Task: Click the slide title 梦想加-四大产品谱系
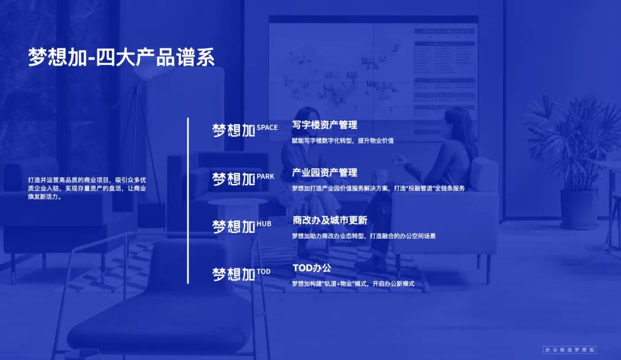pyautogui.click(x=121, y=57)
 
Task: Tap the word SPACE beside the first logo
pyautogui.click(x=267, y=128)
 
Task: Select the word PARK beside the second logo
pyautogui.click(x=265, y=176)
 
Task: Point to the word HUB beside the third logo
pyautogui.click(x=264, y=224)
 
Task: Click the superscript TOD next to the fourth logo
pyautogui.click(x=263, y=271)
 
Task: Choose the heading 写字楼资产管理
pyautogui.click(x=325, y=125)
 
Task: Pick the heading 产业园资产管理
pyautogui.click(x=325, y=173)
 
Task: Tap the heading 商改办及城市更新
pyautogui.click(x=330, y=220)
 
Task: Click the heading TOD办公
pyautogui.click(x=312, y=268)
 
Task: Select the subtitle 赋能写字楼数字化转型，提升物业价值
pyautogui.click(x=343, y=140)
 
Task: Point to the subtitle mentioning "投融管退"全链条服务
pyautogui.click(x=378, y=188)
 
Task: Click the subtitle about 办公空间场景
pyautogui.click(x=363, y=236)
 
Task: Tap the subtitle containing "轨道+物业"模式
pyautogui.click(x=353, y=284)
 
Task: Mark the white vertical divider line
pyautogui.click(x=187, y=200)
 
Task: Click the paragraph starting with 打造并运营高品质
pyautogui.click(x=87, y=188)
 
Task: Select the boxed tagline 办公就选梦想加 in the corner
pyautogui.click(x=569, y=350)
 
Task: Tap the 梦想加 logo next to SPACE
pyautogui.click(x=233, y=131)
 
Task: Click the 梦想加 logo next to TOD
pyautogui.click(x=233, y=274)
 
